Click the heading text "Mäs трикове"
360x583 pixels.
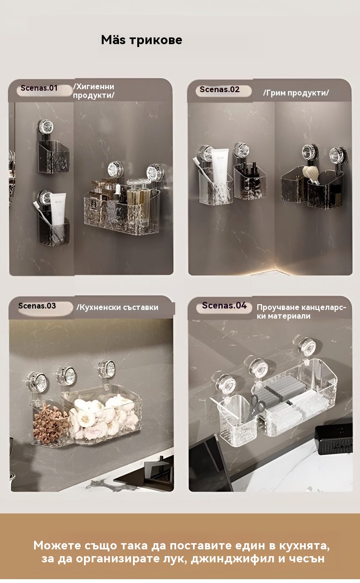(142, 40)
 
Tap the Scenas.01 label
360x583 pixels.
(39, 88)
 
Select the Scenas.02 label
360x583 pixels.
(219, 90)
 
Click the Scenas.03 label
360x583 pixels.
(37, 306)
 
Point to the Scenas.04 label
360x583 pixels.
(224, 305)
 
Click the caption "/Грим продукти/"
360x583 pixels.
(296, 93)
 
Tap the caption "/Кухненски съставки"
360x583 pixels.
(117, 308)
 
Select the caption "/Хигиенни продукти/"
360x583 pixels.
(94, 91)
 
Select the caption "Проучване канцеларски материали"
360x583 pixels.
(301, 311)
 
